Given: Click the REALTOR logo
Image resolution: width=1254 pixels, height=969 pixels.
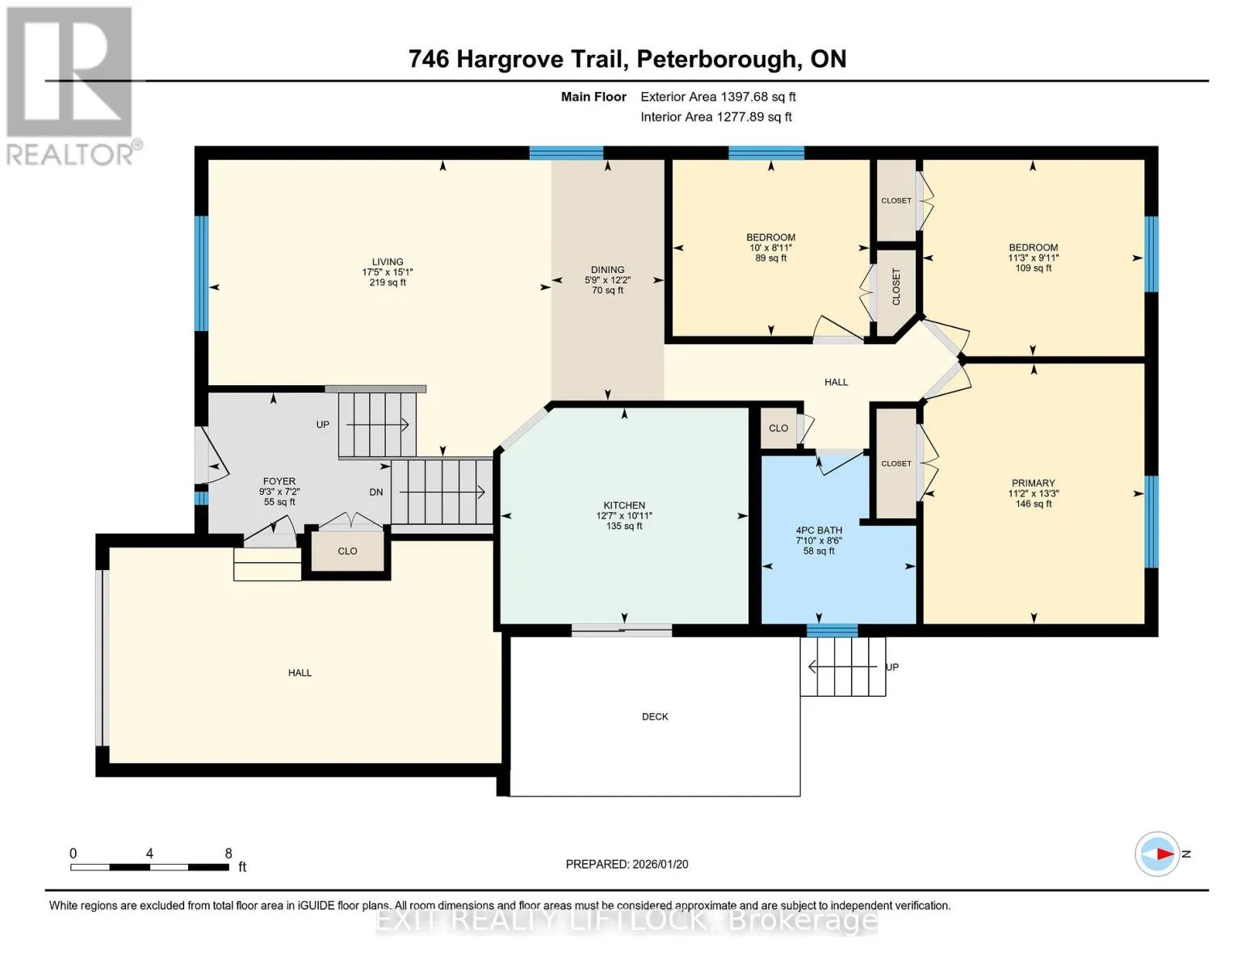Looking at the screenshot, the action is (x=71, y=86).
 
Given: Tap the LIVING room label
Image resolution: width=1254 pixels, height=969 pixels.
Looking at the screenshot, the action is (x=388, y=262).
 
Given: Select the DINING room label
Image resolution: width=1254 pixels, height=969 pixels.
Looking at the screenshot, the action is (x=607, y=270).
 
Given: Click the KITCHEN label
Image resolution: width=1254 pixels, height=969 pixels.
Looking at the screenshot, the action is (x=624, y=505).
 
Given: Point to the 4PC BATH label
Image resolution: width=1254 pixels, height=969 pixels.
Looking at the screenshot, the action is (x=818, y=531).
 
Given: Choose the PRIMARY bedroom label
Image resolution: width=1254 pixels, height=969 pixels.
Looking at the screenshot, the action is (x=1033, y=483).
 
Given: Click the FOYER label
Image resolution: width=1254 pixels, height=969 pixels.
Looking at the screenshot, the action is (x=279, y=481).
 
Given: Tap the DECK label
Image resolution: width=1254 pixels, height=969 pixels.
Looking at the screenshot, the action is (x=655, y=717).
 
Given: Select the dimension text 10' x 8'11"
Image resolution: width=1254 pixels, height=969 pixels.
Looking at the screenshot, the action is (x=770, y=248).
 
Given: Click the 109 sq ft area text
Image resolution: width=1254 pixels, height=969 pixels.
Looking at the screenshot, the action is (x=1033, y=268).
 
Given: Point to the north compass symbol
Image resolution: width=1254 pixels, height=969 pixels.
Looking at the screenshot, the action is (x=1156, y=854).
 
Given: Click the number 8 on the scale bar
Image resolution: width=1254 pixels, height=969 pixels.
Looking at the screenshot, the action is (x=229, y=853).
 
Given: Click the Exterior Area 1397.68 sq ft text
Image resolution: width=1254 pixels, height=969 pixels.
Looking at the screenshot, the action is (x=718, y=97).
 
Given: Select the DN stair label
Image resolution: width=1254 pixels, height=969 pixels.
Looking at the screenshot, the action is (x=375, y=493).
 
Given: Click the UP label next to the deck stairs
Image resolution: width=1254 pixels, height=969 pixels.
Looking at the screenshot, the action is (x=891, y=667).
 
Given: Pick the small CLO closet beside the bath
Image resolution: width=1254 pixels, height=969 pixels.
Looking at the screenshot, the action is (x=778, y=428).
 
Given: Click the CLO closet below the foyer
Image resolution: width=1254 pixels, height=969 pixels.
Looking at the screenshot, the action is (x=347, y=552).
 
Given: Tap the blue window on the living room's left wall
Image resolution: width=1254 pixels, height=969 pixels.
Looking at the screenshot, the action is (x=201, y=274).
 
